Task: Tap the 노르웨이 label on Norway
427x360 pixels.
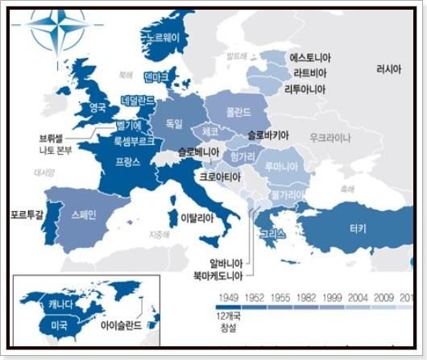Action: tap(164, 38)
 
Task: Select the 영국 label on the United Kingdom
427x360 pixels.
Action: tap(97, 106)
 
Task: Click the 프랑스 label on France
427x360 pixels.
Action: tap(128, 161)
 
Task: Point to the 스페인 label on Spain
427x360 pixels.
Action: tap(83, 215)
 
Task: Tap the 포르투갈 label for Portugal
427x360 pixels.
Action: tap(27, 215)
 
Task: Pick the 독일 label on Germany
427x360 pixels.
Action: tap(174, 123)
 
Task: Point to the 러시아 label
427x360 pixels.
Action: tap(388, 69)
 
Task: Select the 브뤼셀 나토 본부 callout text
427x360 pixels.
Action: tap(56, 143)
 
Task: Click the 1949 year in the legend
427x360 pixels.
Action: tap(227, 297)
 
